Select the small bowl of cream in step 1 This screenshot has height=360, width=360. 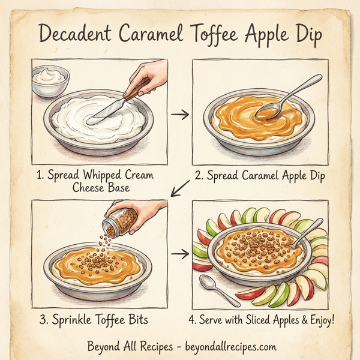click(50, 79)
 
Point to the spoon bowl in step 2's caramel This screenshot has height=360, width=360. click(265, 112)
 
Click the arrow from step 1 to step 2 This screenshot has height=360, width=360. click(179, 115)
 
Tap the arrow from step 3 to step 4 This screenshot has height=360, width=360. click(179, 254)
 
